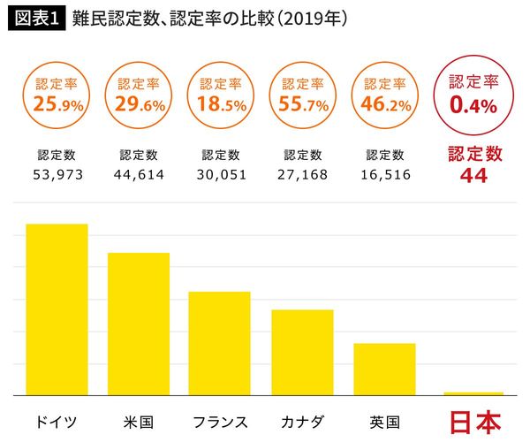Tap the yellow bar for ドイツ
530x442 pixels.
[x=57, y=309]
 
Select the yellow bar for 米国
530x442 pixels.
[x=139, y=324]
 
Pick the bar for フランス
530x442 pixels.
[x=220, y=343]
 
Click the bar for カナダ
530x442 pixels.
[x=302, y=352]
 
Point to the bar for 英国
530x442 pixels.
[x=384, y=369]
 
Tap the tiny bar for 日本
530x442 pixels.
[x=473, y=393]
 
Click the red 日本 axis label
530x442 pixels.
[x=473, y=421]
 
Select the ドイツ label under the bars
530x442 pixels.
[x=57, y=421]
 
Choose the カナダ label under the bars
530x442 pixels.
[x=302, y=421]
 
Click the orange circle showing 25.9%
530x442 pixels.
[x=57, y=96]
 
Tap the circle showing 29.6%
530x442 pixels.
[x=139, y=96]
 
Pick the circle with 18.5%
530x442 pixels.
[x=220, y=96]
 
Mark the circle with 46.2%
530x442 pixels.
[x=385, y=96]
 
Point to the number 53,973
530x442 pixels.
[x=57, y=175]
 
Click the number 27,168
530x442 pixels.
[x=302, y=175]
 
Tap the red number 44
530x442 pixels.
[x=473, y=175]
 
